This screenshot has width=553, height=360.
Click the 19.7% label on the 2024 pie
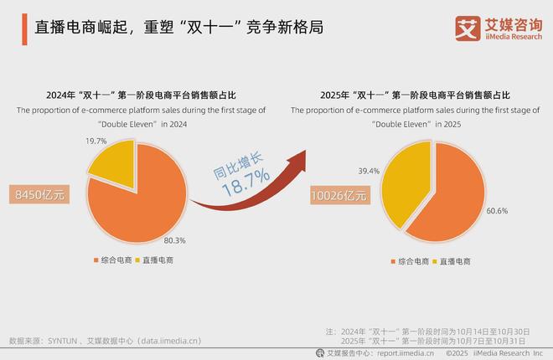point(96,141)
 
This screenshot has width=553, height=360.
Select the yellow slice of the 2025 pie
point(389,180)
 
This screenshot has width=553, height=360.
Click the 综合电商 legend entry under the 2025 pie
point(411,263)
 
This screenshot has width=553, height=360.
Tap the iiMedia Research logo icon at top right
point(464,28)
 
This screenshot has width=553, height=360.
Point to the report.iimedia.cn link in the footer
point(406,353)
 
